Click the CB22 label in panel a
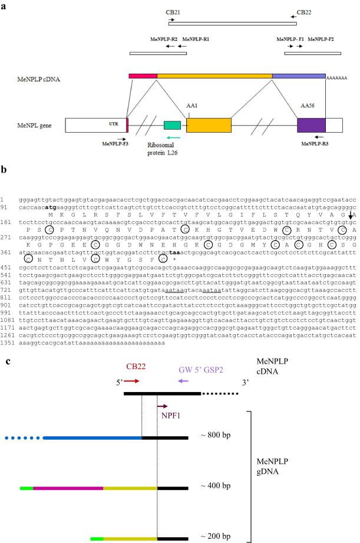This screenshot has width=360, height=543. click(305, 11)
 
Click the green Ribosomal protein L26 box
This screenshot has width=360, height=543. click(172, 124)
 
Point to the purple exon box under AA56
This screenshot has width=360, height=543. click(311, 124)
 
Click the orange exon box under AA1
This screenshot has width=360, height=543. click(209, 124)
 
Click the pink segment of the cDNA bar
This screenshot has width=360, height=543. click(143, 77)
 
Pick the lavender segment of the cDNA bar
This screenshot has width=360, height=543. click(299, 77)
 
